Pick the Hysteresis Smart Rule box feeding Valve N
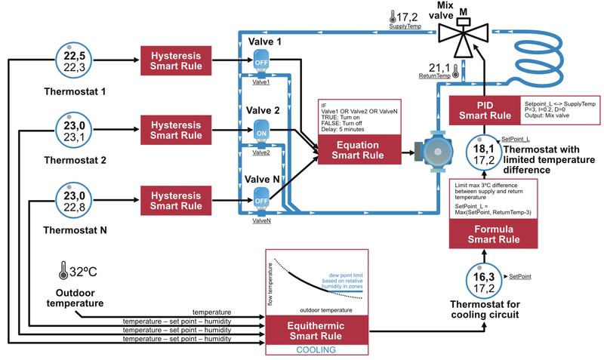(176, 198)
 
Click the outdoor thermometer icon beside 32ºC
(60, 269)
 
